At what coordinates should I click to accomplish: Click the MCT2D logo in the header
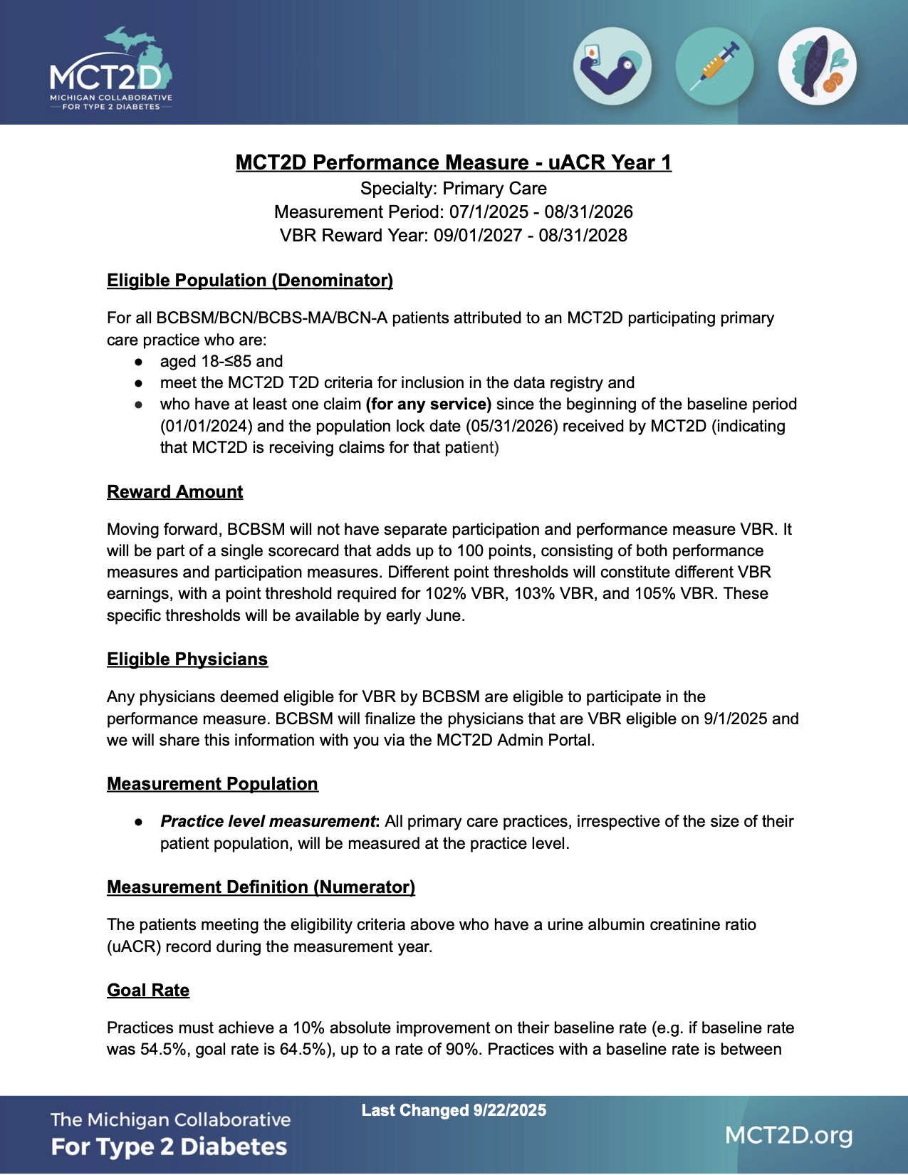pyautogui.click(x=110, y=69)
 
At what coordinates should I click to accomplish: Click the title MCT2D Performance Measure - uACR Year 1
pyautogui.click(x=454, y=162)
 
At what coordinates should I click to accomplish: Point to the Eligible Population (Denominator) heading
pyautogui.click(x=250, y=281)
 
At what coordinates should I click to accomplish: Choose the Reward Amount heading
pyautogui.click(x=175, y=492)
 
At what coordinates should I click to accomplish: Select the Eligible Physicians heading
pyautogui.click(x=187, y=659)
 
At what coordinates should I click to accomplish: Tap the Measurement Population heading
pyautogui.click(x=212, y=784)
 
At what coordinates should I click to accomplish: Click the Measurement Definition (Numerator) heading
pyautogui.click(x=261, y=887)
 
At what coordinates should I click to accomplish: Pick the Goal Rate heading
pyautogui.click(x=148, y=991)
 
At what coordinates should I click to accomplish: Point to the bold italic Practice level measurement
pyautogui.click(x=268, y=822)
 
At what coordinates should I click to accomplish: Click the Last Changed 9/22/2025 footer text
pyautogui.click(x=454, y=1110)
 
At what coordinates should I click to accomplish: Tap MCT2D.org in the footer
pyautogui.click(x=788, y=1135)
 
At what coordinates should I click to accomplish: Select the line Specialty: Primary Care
pyautogui.click(x=454, y=189)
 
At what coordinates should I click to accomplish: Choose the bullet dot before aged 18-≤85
pyautogui.click(x=139, y=362)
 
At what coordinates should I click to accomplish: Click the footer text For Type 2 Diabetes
pyautogui.click(x=169, y=1147)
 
